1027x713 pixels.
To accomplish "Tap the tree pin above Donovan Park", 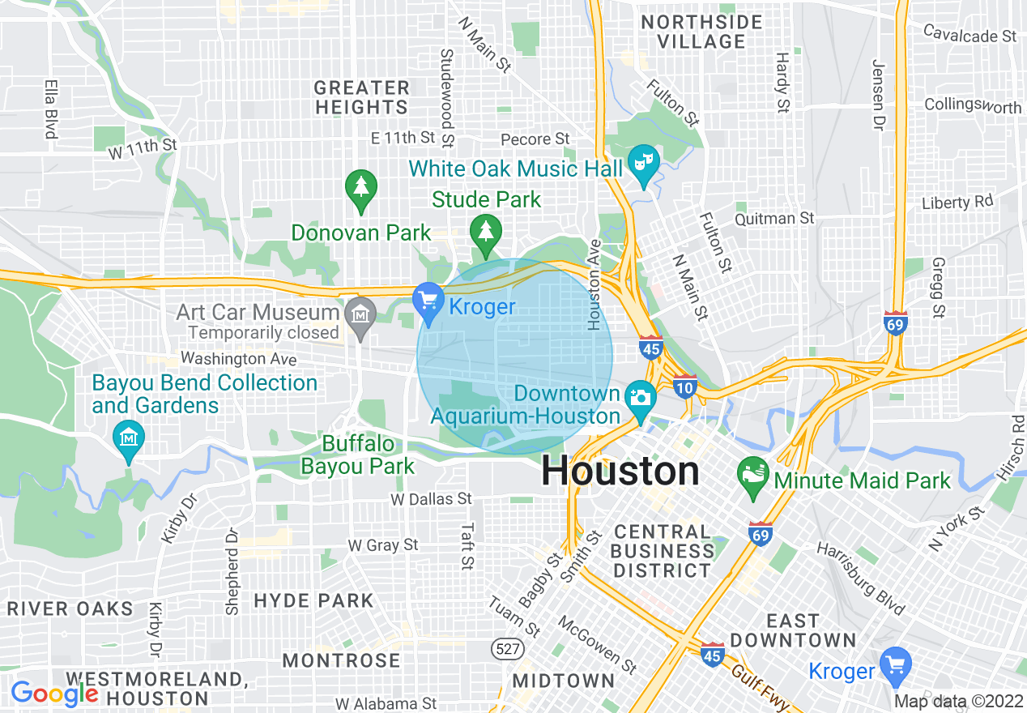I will (360, 187).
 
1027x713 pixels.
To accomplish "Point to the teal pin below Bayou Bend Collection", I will (128, 438).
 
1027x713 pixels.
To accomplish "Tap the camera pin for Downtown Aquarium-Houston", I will (640, 398).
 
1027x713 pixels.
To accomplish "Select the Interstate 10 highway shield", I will (684, 387).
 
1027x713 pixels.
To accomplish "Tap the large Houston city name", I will (620, 471).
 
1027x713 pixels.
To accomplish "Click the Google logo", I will (53, 694).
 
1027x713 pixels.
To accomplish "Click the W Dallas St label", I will (431, 499).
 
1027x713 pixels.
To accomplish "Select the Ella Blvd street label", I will (50, 108).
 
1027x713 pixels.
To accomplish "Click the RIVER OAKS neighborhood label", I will (70, 608).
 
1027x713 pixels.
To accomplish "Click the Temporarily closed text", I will (263, 332).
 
